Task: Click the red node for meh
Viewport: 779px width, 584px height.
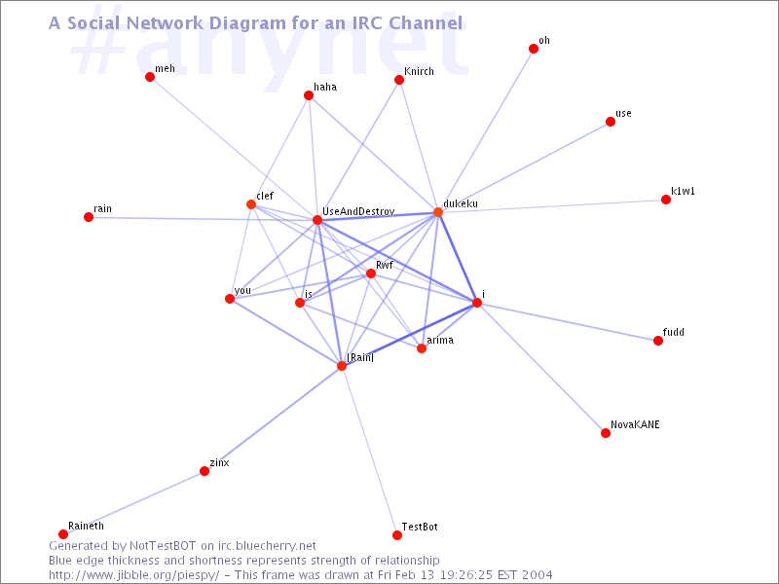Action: point(150,77)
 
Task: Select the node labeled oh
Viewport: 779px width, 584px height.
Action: point(533,48)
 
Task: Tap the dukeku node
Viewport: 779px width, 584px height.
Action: point(437,212)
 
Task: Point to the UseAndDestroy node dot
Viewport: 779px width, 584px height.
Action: point(317,220)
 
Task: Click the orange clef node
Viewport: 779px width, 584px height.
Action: point(251,204)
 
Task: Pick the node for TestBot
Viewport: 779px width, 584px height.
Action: point(397,534)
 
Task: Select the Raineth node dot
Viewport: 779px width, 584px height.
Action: point(63,533)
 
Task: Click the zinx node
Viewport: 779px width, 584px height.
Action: point(204,471)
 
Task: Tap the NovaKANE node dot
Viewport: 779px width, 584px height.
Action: point(605,433)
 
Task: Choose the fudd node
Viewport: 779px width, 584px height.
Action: point(658,340)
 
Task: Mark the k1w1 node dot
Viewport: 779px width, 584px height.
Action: point(666,200)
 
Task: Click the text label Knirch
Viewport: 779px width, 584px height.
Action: point(419,71)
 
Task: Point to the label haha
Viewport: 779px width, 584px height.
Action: point(325,87)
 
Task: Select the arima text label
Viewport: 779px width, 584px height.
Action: point(440,340)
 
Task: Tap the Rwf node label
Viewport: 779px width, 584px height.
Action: point(384,265)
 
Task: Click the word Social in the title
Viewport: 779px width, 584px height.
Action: point(93,22)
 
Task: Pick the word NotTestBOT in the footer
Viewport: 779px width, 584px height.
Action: point(163,546)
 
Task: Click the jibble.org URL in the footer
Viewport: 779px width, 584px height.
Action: point(133,575)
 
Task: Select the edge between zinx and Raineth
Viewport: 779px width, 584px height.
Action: point(133,502)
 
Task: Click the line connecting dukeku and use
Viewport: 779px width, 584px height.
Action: point(524,166)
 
